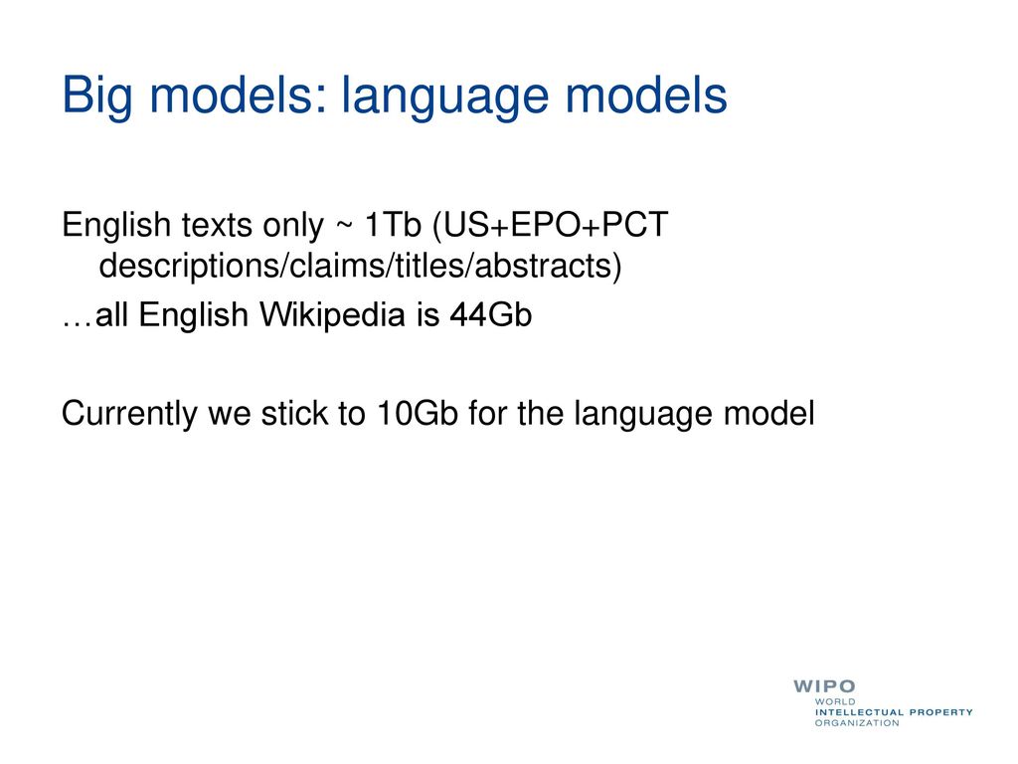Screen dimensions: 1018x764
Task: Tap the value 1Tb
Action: coord(393,225)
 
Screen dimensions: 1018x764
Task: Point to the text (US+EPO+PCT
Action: coord(550,225)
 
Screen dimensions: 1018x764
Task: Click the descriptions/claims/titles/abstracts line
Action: coord(360,265)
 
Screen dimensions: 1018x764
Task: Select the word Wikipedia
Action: coord(332,315)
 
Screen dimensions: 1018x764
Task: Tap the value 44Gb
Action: coord(491,315)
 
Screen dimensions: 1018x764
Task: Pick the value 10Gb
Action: coord(417,413)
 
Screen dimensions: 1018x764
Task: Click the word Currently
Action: coord(129,414)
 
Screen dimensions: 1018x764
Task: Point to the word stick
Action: coord(294,413)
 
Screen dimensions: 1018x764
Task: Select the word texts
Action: coord(217,225)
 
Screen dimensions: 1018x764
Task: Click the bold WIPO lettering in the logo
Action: coord(824,686)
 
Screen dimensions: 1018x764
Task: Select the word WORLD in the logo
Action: coord(835,702)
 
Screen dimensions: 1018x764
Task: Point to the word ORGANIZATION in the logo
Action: coord(857,723)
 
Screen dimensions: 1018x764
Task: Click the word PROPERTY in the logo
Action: coord(941,712)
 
